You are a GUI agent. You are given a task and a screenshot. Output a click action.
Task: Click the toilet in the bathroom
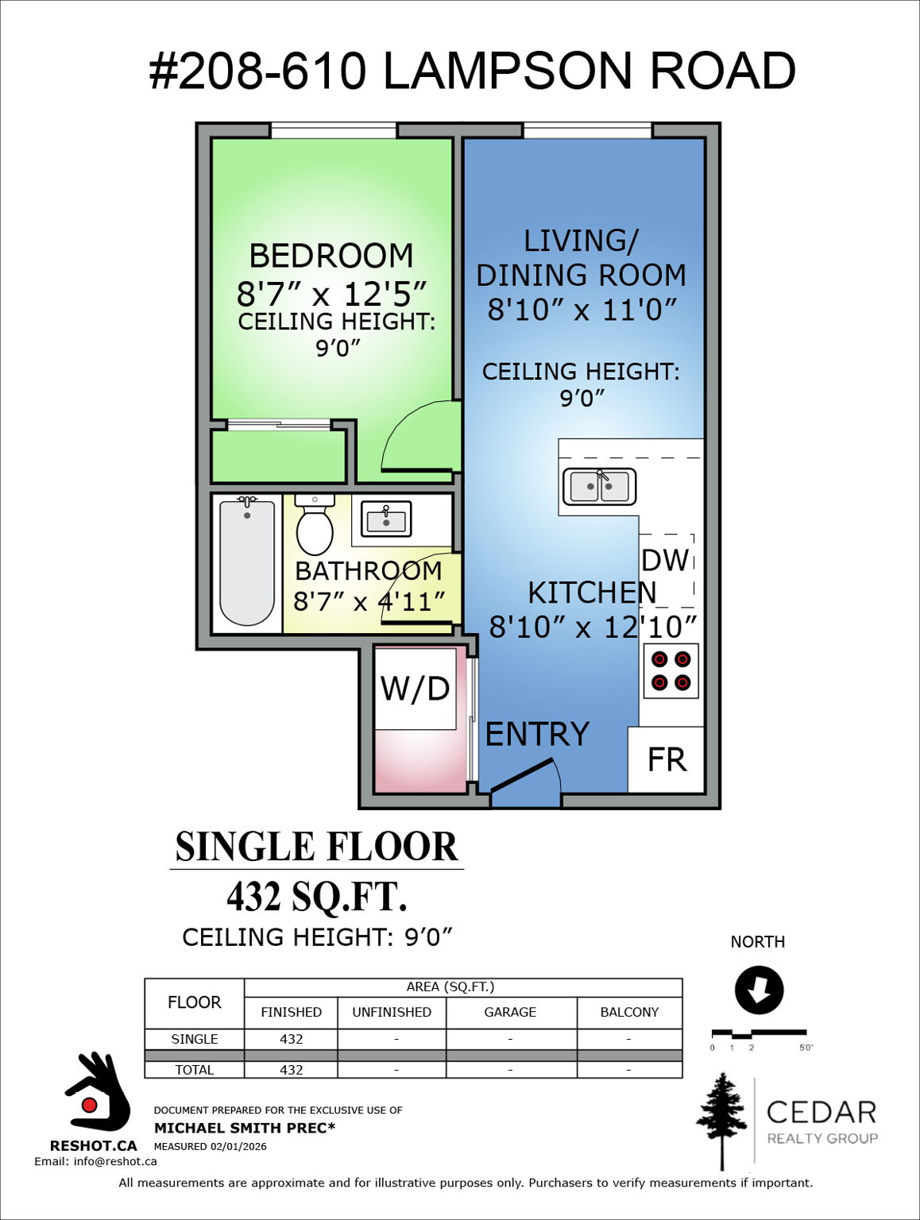click(315, 527)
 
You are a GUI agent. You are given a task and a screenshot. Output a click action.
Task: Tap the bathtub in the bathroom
click(247, 562)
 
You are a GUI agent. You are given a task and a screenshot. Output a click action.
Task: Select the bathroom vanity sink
click(386, 519)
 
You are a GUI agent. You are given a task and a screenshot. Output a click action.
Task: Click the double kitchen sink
click(600, 487)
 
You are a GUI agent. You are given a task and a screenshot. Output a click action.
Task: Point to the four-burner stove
click(671, 670)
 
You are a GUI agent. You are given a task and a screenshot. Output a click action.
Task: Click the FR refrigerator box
click(667, 759)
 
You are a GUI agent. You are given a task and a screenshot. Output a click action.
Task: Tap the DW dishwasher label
click(664, 561)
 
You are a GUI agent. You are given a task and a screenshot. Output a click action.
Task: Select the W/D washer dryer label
click(415, 689)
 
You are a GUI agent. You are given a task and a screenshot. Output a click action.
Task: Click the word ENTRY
click(537, 735)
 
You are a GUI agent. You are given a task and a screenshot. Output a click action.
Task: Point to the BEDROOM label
click(331, 256)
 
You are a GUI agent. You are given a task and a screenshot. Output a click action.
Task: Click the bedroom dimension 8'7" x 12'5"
click(331, 294)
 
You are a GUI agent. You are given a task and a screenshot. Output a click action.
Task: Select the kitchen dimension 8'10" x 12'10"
click(592, 627)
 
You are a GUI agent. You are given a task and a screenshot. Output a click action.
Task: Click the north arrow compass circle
click(759, 990)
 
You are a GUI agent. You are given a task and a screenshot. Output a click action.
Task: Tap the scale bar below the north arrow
click(759, 1033)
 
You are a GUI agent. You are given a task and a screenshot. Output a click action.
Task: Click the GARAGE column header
click(510, 1012)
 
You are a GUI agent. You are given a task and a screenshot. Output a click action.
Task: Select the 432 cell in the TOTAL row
click(291, 1070)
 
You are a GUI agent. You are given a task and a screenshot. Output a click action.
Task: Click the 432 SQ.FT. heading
click(316, 897)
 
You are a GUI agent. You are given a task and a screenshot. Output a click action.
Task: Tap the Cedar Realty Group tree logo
click(721, 1120)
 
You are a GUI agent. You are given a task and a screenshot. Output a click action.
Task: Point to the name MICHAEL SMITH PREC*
click(245, 1128)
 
